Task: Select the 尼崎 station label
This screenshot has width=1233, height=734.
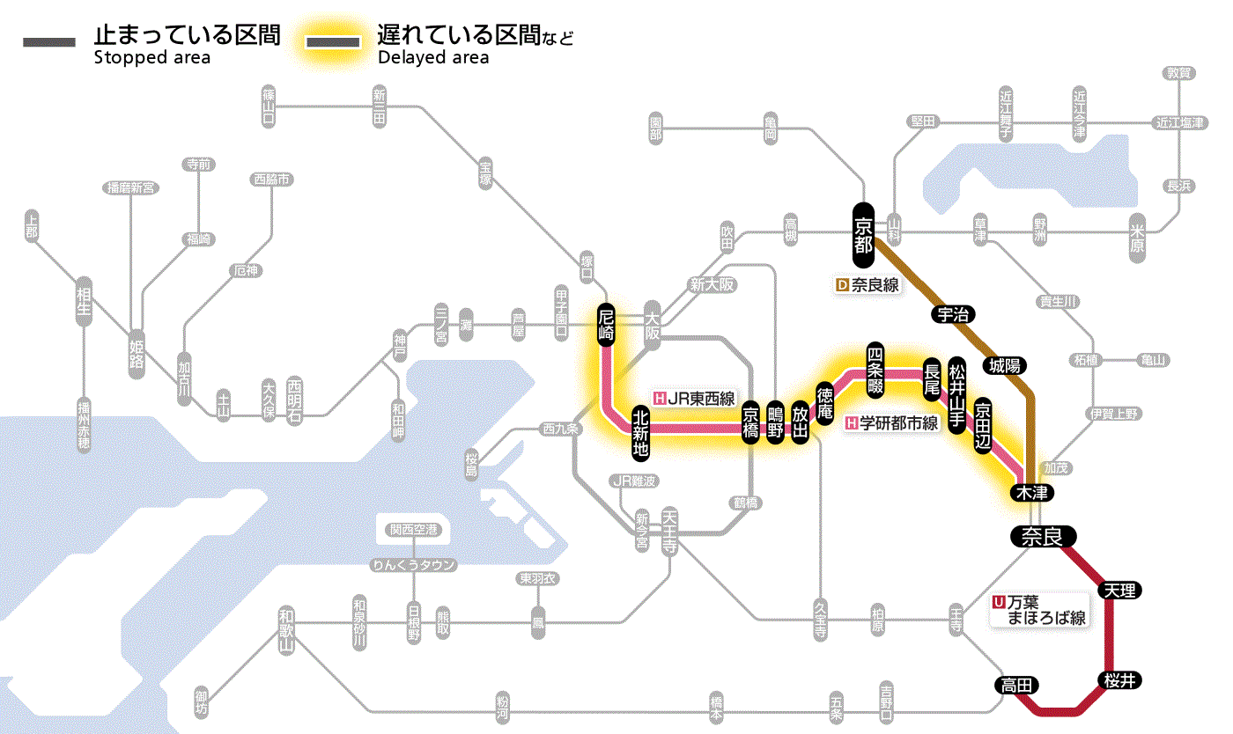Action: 606,324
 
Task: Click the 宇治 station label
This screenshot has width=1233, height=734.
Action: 953,314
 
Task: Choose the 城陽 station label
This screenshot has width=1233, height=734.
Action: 1007,363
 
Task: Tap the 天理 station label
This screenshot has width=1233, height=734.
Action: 1119,590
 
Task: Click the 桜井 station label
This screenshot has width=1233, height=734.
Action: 1119,680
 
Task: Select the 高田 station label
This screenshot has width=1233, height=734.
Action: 1017,686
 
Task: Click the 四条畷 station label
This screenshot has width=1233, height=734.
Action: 875,370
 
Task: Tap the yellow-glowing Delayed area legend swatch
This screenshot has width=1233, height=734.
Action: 332,42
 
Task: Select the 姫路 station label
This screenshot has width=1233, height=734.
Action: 137,355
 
